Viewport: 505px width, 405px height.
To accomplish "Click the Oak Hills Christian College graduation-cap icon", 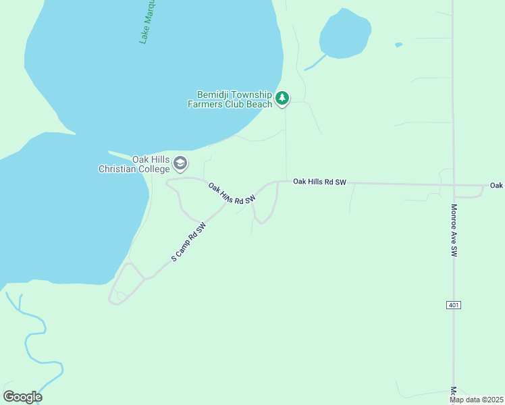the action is point(180,163).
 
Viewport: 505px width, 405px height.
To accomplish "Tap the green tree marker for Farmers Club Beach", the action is point(282,99).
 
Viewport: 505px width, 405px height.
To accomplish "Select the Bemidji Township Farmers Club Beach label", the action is point(234,99).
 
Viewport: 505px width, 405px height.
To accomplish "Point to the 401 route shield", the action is point(454,305).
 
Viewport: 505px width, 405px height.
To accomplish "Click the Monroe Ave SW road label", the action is point(454,230).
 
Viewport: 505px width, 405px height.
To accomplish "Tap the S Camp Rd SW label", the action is point(188,242).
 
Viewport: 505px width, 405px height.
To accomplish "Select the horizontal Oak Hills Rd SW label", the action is point(319,182).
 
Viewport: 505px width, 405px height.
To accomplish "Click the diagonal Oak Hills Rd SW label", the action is point(232,194).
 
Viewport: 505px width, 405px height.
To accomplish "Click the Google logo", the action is point(22,396).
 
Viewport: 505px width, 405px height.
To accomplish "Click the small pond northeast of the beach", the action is point(345,33).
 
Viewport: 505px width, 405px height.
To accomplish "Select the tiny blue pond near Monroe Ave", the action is point(398,45).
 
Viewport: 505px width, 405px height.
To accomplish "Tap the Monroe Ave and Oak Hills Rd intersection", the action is point(453,184).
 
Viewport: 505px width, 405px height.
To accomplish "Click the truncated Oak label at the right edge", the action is point(497,185).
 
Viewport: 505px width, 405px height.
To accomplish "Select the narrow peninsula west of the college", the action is point(128,155).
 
